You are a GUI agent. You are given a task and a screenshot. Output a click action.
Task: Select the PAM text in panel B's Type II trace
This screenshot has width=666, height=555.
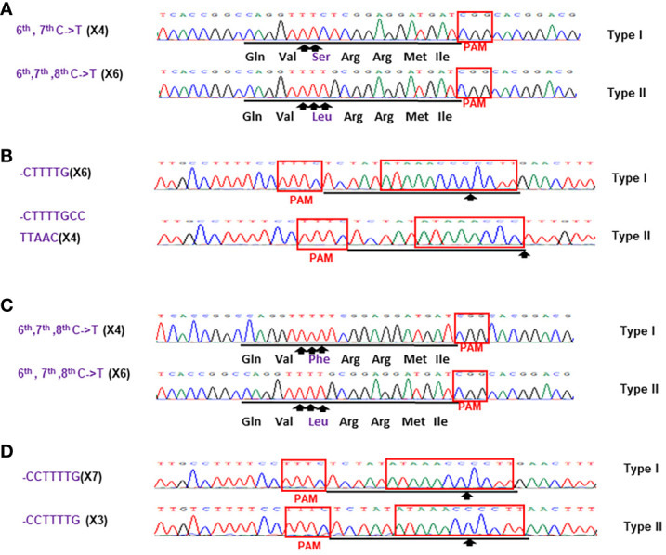321,258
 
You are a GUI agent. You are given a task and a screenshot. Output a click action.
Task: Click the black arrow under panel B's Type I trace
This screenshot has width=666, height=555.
469,198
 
